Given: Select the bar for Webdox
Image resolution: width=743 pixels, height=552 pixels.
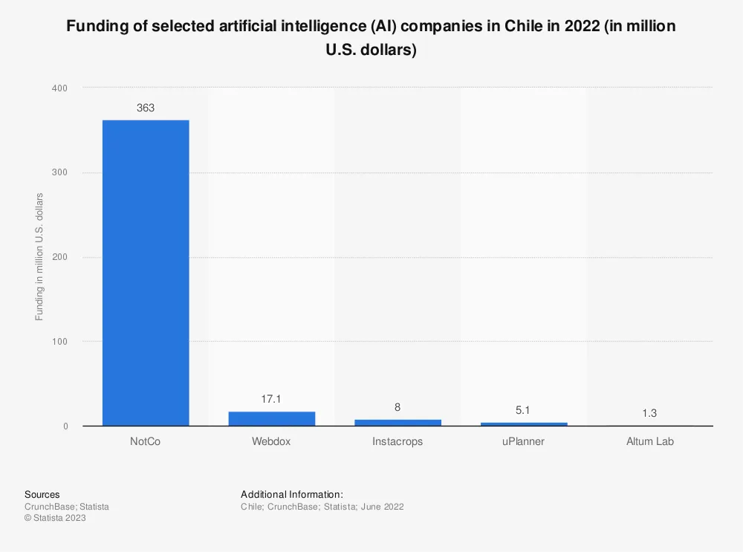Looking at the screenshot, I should (x=271, y=418).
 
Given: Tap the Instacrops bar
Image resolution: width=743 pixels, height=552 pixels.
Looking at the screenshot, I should (x=398, y=422).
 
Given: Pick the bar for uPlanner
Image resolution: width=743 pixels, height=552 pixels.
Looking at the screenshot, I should (x=523, y=423).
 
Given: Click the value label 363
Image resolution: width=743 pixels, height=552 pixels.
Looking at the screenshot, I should (x=146, y=108).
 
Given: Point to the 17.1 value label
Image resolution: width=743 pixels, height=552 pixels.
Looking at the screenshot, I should (x=271, y=399).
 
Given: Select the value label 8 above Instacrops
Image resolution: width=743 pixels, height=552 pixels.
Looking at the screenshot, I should (x=398, y=407).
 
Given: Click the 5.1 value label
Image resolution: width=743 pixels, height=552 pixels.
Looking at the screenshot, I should (x=523, y=409).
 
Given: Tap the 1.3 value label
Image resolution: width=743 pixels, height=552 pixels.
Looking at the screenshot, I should (x=649, y=412).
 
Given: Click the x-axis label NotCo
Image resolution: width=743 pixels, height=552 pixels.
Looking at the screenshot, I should (x=146, y=441).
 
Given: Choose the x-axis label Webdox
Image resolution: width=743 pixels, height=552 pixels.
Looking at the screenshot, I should (x=271, y=441).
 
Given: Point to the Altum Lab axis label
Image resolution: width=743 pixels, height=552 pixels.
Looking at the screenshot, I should (x=649, y=441).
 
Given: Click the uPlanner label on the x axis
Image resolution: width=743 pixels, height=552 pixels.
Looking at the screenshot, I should (x=523, y=441).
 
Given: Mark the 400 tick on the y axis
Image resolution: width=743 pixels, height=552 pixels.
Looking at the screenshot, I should (x=59, y=88).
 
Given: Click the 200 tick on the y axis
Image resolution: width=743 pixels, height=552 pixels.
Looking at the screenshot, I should (x=59, y=257).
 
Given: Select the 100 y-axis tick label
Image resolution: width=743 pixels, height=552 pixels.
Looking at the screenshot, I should (x=59, y=342).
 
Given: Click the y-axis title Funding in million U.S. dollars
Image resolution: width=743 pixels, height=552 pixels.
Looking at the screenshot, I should (x=39, y=256).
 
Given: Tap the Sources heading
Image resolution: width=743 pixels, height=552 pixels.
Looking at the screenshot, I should (x=42, y=494).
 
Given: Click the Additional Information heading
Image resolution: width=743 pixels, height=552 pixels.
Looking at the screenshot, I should (x=292, y=494).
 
